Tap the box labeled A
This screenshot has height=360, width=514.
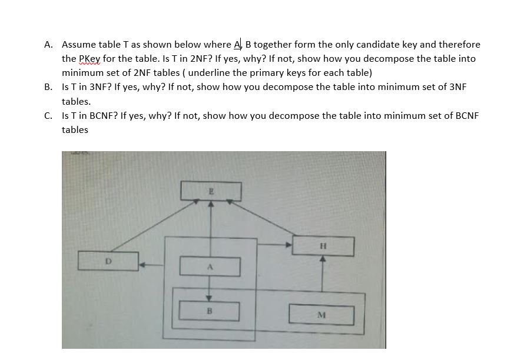point(210,266)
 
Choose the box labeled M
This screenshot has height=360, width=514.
point(321,313)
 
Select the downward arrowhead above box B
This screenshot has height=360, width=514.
point(208,297)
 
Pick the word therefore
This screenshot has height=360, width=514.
point(460,45)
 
